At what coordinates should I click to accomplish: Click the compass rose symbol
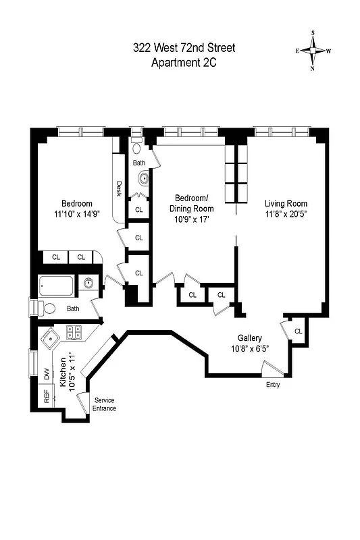click(x=313, y=50)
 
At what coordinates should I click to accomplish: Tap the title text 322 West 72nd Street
click(x=184, y=48)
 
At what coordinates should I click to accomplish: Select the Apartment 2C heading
click(x=184, y=63)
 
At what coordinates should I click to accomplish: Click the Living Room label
click(x=286, y=204)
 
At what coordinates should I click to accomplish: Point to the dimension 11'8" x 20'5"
click(x=286, y=215)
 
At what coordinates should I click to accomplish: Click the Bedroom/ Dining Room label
click(x=192, y=203)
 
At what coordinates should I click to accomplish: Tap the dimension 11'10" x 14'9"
click(x=77, y=215)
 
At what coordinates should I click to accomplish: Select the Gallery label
click(x=249, y=337)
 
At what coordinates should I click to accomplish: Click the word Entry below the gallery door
click(x=273, y=385)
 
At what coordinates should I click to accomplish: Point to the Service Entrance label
click(x=105, y=404)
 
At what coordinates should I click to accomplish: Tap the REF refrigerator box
click(x=47, y=398)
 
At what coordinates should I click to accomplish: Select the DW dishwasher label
click(x=47, y=373)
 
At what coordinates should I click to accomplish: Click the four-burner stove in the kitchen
click(x=74, y=332)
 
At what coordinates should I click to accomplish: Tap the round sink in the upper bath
click(x=144, y=180)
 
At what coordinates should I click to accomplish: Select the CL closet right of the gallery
click(x=298, y=331)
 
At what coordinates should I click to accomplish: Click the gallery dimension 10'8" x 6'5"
click(x=249, y=349)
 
